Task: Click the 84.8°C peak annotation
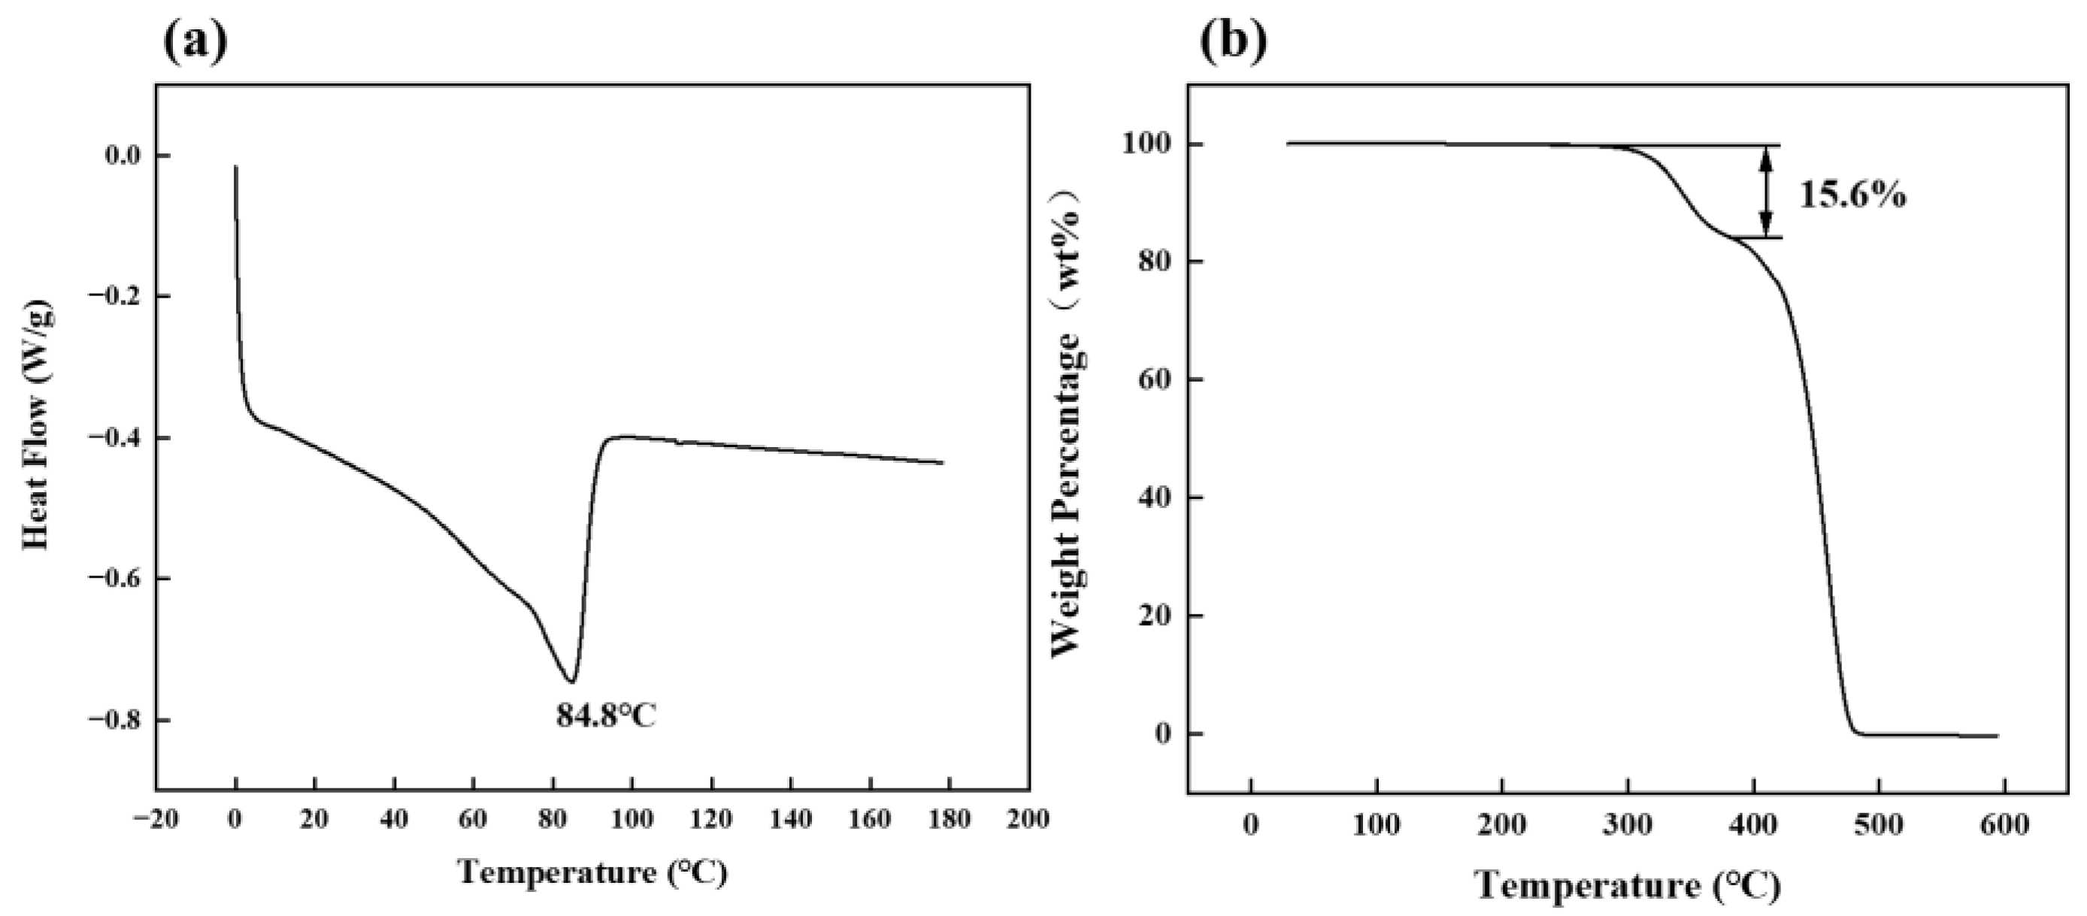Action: [606, 715]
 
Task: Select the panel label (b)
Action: [1233, 42]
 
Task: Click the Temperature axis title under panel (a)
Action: [592, 872]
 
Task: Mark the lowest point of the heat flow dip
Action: [571, 681]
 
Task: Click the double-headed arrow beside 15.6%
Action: [1766, 202]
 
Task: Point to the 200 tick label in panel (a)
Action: [1027, 819]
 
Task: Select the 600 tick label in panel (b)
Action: [2004, 825]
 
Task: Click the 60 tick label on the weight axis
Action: [1159, 379]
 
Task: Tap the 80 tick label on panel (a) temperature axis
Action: [553, 819]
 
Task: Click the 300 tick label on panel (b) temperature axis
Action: [1627, 825]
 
